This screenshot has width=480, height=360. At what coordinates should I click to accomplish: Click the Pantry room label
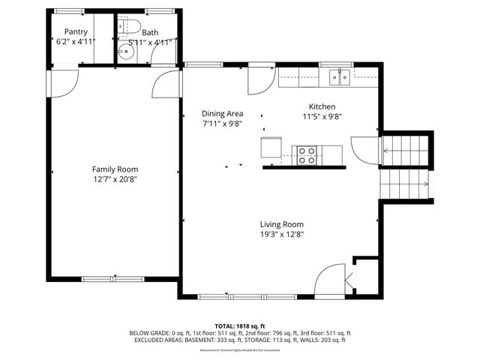(x=76, y=31)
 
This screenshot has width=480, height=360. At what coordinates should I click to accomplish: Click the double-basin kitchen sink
(x=340, y=74)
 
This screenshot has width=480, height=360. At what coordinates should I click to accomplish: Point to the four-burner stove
(x=307, y=154)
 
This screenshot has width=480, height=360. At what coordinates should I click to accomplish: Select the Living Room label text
(x=281, y=224)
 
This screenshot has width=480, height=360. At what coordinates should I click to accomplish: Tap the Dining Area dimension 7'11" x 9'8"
(x=222, y=124)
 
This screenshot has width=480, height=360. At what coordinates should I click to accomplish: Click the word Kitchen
(x=322, y=106)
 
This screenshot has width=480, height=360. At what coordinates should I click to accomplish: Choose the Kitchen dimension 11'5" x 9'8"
(x=322, y=117)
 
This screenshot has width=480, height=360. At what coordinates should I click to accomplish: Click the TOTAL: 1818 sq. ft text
(x=240, y=326)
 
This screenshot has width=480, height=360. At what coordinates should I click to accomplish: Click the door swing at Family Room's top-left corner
(x=65, y=81)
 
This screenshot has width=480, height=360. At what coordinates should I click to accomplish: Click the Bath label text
(x=150, y=32)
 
